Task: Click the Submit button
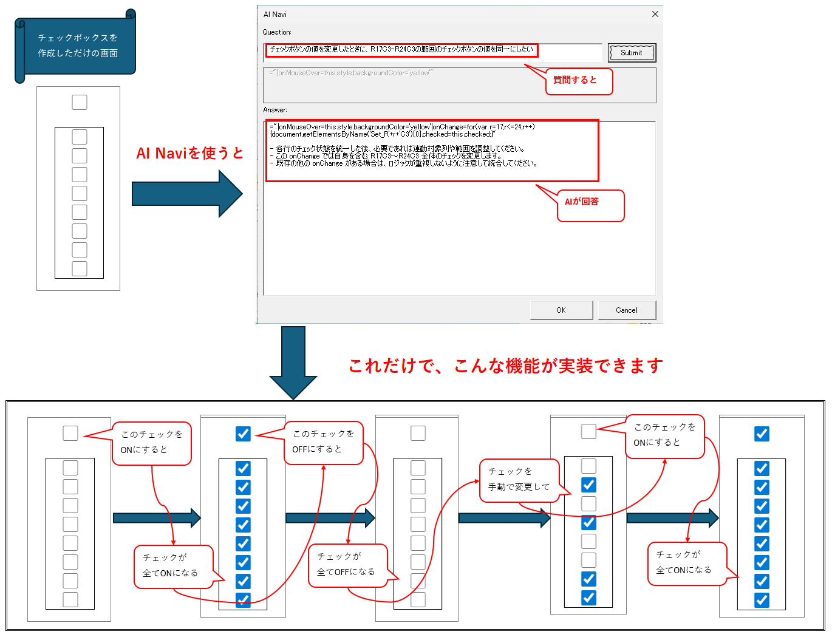tap(632, 53)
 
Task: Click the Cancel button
tap(627, 310)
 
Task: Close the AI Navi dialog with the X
tap(655, 14)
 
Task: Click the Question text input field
tap(432, 52)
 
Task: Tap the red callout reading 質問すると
tap(579, 81)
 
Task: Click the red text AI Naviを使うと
tap(189, 153)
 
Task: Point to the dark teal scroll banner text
tap(78, 46)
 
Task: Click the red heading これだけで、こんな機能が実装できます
tap(505, 366)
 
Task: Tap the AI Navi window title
tap(275, 14)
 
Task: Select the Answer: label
tap(275, 110)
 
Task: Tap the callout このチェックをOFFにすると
tap(323, 442)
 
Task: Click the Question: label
tap(277, 32)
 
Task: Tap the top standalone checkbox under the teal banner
tap(80, 102)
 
